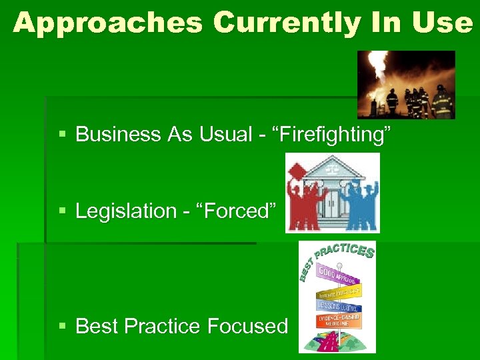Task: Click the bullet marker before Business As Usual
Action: click(x=63, y=135)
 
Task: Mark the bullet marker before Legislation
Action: click(x=63, y=211)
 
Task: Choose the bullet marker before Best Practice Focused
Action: click(x=63, y=326)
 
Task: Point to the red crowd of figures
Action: click(x=306, y=200)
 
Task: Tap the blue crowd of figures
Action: click(x=360, y=200)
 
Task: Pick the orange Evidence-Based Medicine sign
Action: click(x=339, y=321)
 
